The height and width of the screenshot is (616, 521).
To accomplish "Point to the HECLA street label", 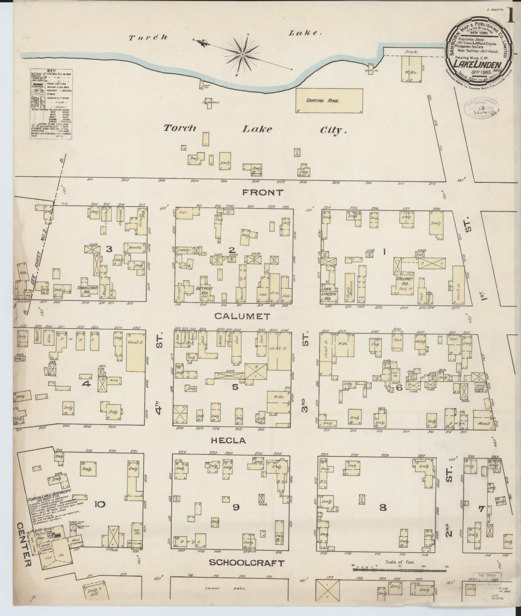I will coord(234,440).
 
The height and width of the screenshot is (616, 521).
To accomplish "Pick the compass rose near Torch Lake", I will coord(243,54).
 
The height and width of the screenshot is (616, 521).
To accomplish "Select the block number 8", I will coord(383,508).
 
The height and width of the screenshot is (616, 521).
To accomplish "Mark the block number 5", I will coord(235,387).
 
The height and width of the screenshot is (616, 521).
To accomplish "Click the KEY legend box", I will coord(50,103).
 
